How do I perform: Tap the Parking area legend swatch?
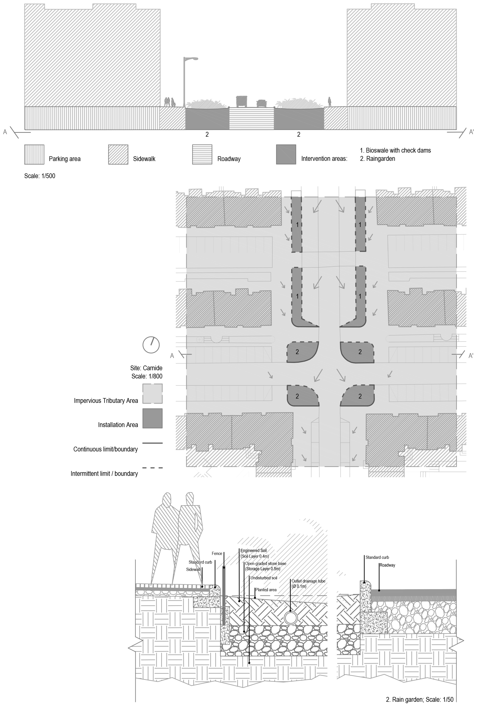tap(34, 155)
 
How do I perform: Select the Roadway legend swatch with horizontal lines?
tap(202, 155)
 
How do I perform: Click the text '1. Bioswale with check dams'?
tap(395, 150)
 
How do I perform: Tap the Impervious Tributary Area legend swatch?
tap(152, 393)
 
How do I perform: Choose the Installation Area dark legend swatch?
tap(152, 418)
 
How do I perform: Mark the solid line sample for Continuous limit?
tap(152, 443)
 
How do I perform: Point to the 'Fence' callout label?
tap(217, 553)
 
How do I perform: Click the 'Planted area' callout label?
tap(266, 589)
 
